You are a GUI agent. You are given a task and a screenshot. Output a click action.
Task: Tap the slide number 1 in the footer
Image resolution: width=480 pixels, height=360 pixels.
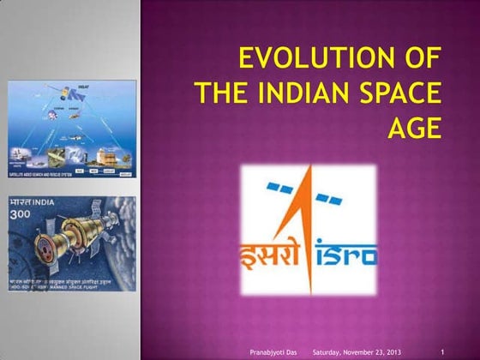point(441,351)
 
